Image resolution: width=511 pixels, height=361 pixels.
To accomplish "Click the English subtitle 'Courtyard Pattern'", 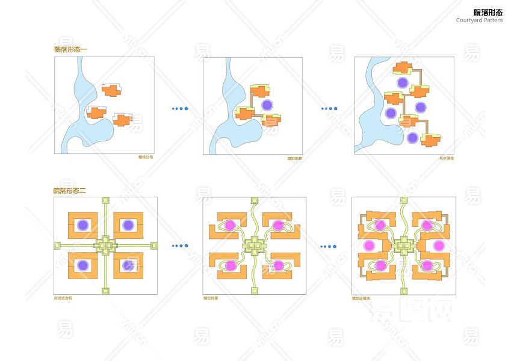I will coord(478,20).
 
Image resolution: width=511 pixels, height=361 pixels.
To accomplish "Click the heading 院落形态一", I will coord(70,49).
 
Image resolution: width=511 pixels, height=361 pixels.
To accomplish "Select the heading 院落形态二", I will coord(70,190).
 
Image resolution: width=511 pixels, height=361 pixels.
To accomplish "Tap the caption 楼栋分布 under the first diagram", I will coord(146,158).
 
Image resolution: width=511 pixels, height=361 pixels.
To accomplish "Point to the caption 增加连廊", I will coord(294,158).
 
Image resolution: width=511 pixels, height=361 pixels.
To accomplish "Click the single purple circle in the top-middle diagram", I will coord(268,105).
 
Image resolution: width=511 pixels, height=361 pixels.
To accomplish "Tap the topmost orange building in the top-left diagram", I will coord(111,90).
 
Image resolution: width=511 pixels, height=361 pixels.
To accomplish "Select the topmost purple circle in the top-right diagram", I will coord(401,82).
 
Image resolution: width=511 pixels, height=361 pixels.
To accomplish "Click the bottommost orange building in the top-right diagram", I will coord(430,140).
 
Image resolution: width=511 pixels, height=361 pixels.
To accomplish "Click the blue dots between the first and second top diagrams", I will coord(180,109).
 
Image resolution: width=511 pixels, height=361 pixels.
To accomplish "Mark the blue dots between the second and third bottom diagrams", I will coord(329,245).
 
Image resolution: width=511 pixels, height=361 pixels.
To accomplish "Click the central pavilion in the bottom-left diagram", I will coord(106,245).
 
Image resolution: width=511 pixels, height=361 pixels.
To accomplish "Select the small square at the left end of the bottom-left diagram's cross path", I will coord(57,245).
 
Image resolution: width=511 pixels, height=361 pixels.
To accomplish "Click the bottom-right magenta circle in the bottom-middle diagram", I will coord(279,265).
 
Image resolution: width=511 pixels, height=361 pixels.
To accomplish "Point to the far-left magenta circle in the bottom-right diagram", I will coord(368,245).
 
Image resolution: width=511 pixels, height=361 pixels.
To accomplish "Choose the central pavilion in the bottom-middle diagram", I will coord(254,245).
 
